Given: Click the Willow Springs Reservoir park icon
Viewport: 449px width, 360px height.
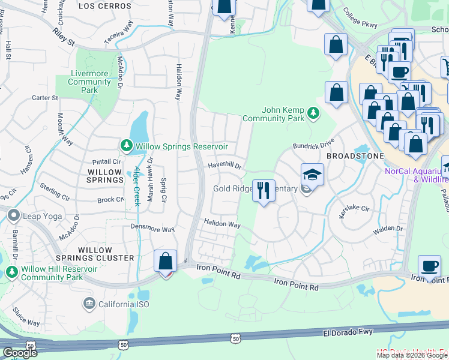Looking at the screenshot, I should click(126, 146).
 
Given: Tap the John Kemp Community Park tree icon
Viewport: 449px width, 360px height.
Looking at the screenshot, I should click(312, 113).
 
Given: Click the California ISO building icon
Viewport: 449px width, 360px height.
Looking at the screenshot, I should click(89, 304).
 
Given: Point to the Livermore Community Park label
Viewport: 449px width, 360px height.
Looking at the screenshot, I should click(89, 82).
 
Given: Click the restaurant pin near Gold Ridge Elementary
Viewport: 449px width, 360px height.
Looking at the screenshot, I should click(264, 190).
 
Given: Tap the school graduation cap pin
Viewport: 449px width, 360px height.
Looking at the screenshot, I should click(312, 175).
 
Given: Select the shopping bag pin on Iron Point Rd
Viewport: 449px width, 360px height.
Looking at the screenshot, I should click(165, 262).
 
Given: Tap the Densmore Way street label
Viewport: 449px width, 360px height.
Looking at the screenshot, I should click(152, 229).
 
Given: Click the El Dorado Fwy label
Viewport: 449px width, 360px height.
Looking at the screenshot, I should click(348, 331).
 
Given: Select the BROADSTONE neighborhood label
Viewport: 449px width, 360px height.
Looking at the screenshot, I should click(355, 155).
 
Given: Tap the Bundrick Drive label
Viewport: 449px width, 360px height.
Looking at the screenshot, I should click(313, 145).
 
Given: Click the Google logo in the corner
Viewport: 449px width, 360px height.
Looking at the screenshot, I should click(20, 353).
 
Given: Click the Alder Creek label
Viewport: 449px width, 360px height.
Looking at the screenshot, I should click(137, 186).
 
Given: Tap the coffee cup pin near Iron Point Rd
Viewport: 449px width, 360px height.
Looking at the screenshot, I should click(429, 266).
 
